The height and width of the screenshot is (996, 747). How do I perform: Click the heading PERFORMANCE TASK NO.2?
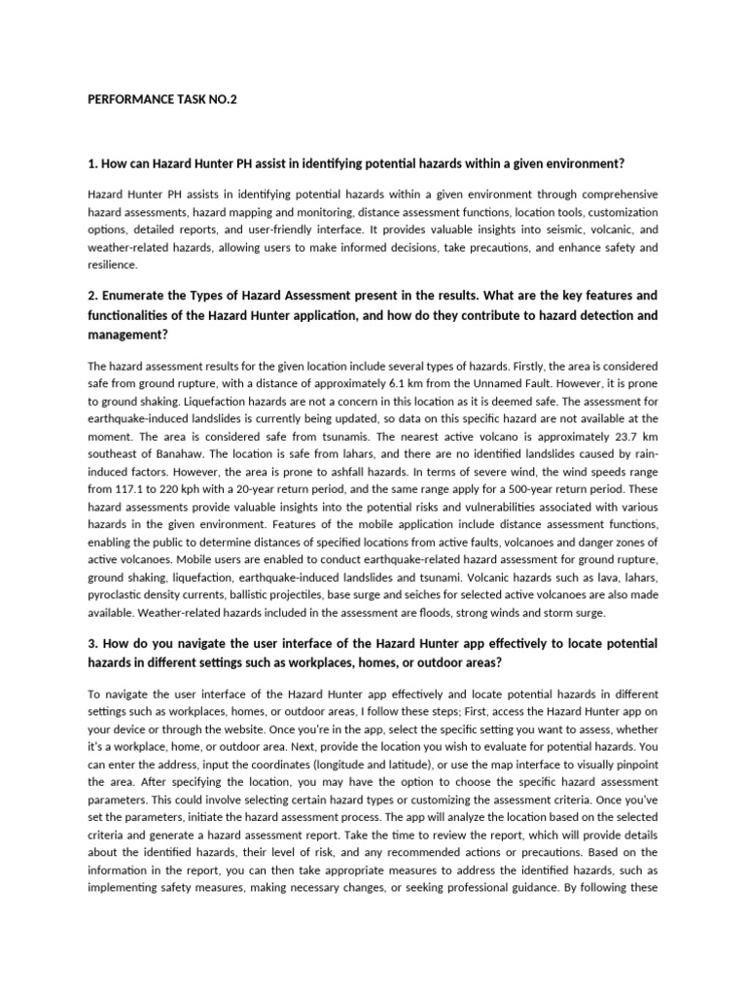161,99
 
